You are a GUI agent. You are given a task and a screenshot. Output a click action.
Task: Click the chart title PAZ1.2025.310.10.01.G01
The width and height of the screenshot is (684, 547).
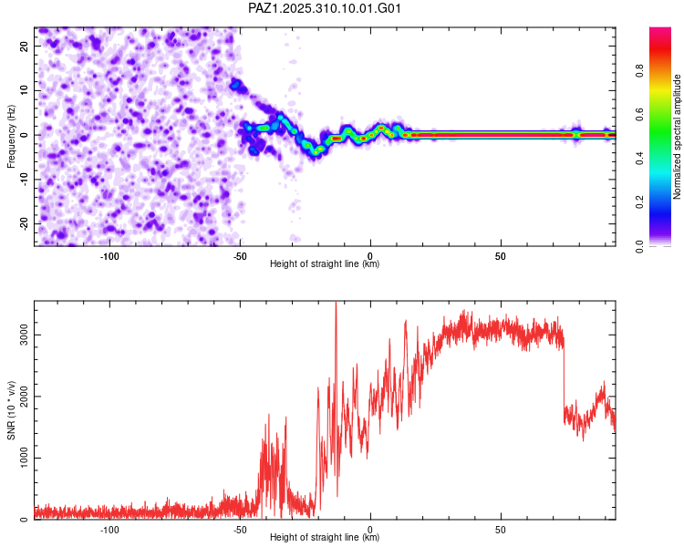click(x=325, y=8)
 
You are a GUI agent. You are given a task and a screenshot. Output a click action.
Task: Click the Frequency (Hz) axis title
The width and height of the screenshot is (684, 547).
click(x=11, y=135)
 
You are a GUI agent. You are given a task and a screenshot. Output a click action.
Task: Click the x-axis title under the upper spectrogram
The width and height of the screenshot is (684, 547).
click(x=325, y=263)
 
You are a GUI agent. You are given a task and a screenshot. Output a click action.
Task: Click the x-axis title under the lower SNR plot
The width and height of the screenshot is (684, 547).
click(x=325, y=538)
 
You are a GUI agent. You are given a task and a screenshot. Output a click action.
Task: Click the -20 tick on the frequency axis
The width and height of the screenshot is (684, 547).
click(x=24, y=224)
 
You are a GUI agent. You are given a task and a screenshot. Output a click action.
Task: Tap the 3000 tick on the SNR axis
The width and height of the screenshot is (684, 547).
click(x=20, y=335)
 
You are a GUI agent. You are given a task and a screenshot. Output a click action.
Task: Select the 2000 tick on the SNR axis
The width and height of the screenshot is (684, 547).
click(x=20, y=397)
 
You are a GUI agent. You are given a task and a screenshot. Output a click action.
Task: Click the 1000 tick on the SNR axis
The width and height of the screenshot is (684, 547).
click(x=20, y=459)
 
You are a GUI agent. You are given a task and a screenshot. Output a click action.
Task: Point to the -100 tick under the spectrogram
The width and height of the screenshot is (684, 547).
click(x=109, y=254)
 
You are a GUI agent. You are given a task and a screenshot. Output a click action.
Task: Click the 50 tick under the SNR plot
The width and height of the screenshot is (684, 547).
click(x=501, y=529)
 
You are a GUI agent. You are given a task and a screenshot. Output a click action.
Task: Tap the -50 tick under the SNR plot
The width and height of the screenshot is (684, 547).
click(x=240, y=529)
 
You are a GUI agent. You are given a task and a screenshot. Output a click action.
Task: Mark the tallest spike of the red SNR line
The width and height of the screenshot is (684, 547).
click(x=336, y=304)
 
